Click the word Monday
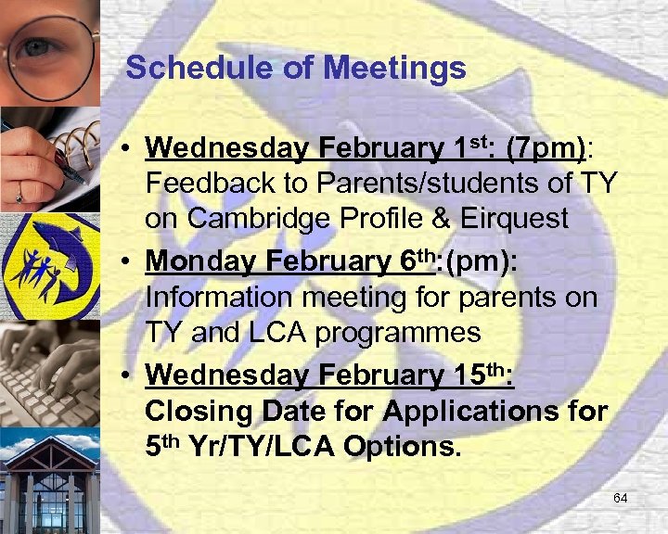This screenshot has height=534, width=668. tap(194, 262)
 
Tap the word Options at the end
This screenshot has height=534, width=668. tap(401, 446)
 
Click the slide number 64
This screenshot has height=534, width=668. tap(621, 499)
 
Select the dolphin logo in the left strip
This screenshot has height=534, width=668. tap(49, 264)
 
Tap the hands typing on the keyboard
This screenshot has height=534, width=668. tap(49, 371)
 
